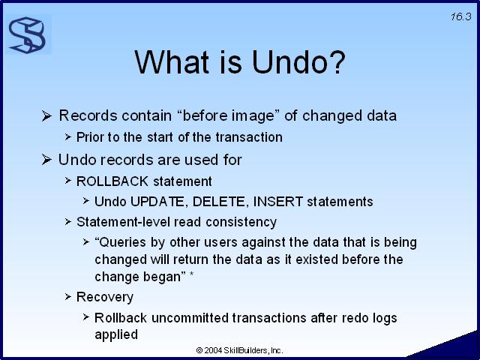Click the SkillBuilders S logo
pyautogui.click(x=28, y=35)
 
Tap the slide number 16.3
pyautogui.click(x=460, y=16)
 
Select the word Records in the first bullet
pyautogui.click(x=88, y=115)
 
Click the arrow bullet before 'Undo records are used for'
pyautogui.click(x=46, y=160)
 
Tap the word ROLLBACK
pyautogui.click(x=112, y=181)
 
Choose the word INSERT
pyautogui.click(x=278, y=202)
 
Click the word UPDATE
pyautogui.click(x=157, y=202)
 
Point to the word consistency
pyautogui.click(x=241, y=222)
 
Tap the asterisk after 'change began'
pyautogui.click(x=192, y=273)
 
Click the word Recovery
pyautogui.click(x=105, y=297)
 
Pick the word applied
pyautogui.click(x=116, y=334)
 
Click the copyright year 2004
pyautogui.click(x=213, y=350)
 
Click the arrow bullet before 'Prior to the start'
pyautogui.click(x=68, y=136)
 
